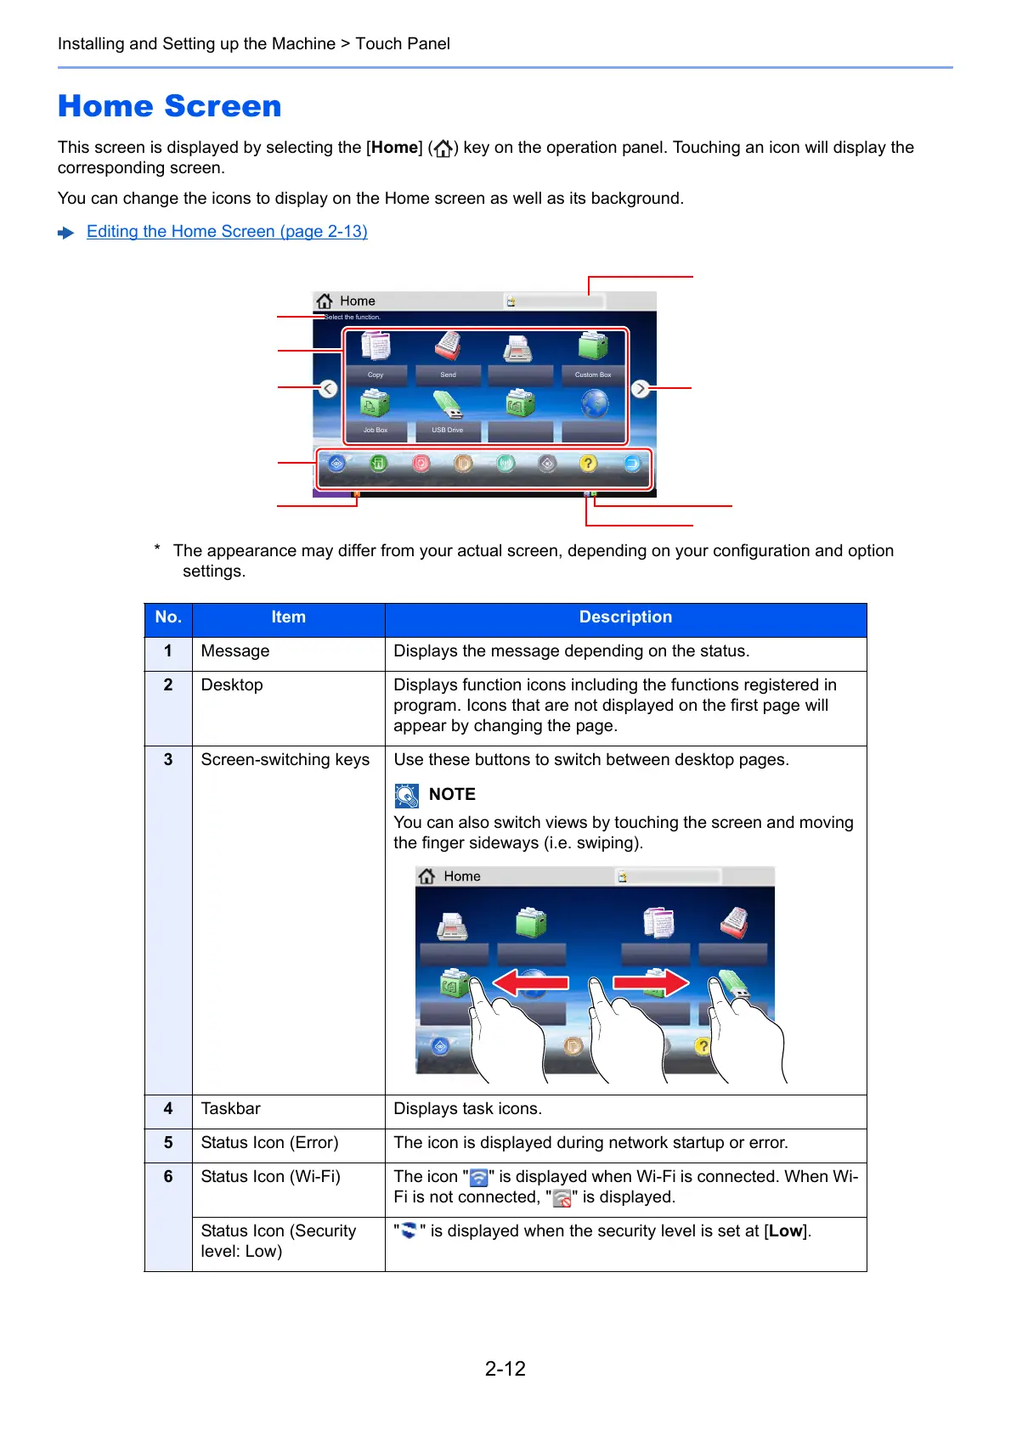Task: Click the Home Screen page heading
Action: tap(169, 107)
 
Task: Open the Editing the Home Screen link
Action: tap(227, 232)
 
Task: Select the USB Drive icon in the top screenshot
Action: tap(448, 406)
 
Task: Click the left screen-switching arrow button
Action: tap(329, 389)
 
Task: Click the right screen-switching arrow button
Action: tap(641, 389)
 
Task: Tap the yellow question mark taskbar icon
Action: tap(588, 463)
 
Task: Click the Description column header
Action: tap(625, 617)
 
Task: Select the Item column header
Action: tap(288, 617)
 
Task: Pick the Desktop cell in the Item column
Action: tap(232, 685)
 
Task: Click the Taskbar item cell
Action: tap(231, 1109)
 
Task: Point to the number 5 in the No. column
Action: tap(168, 1143)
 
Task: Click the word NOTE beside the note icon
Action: tap(452, 795)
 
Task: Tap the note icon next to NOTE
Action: tap(407, 796)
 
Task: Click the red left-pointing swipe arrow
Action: tap(531, 983)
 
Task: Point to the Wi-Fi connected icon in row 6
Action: tap(479, 1178)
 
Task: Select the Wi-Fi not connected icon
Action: tap(562, 1198)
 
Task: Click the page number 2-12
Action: tap(505, 1369)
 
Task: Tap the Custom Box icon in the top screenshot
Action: tap(593, 348)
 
